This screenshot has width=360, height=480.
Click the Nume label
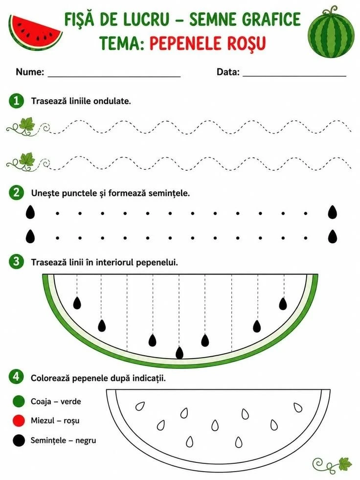click(30, 72)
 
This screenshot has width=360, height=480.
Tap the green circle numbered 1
click(16, 101)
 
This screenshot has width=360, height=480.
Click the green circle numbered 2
click(16, 193)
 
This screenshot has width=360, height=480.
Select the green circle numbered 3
click(16, 262)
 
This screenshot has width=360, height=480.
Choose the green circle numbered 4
click(16, 377)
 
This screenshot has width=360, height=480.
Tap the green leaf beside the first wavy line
click(27, 125)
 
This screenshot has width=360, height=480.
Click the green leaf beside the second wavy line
click(27, 160)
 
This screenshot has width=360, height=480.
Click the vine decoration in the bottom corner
click(333, 464)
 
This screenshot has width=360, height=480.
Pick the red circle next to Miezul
click(19, 421)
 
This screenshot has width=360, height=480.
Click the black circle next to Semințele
click(19, 440)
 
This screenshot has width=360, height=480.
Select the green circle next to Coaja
click(19, 401)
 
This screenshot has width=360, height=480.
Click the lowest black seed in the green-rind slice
click(180, 352)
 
